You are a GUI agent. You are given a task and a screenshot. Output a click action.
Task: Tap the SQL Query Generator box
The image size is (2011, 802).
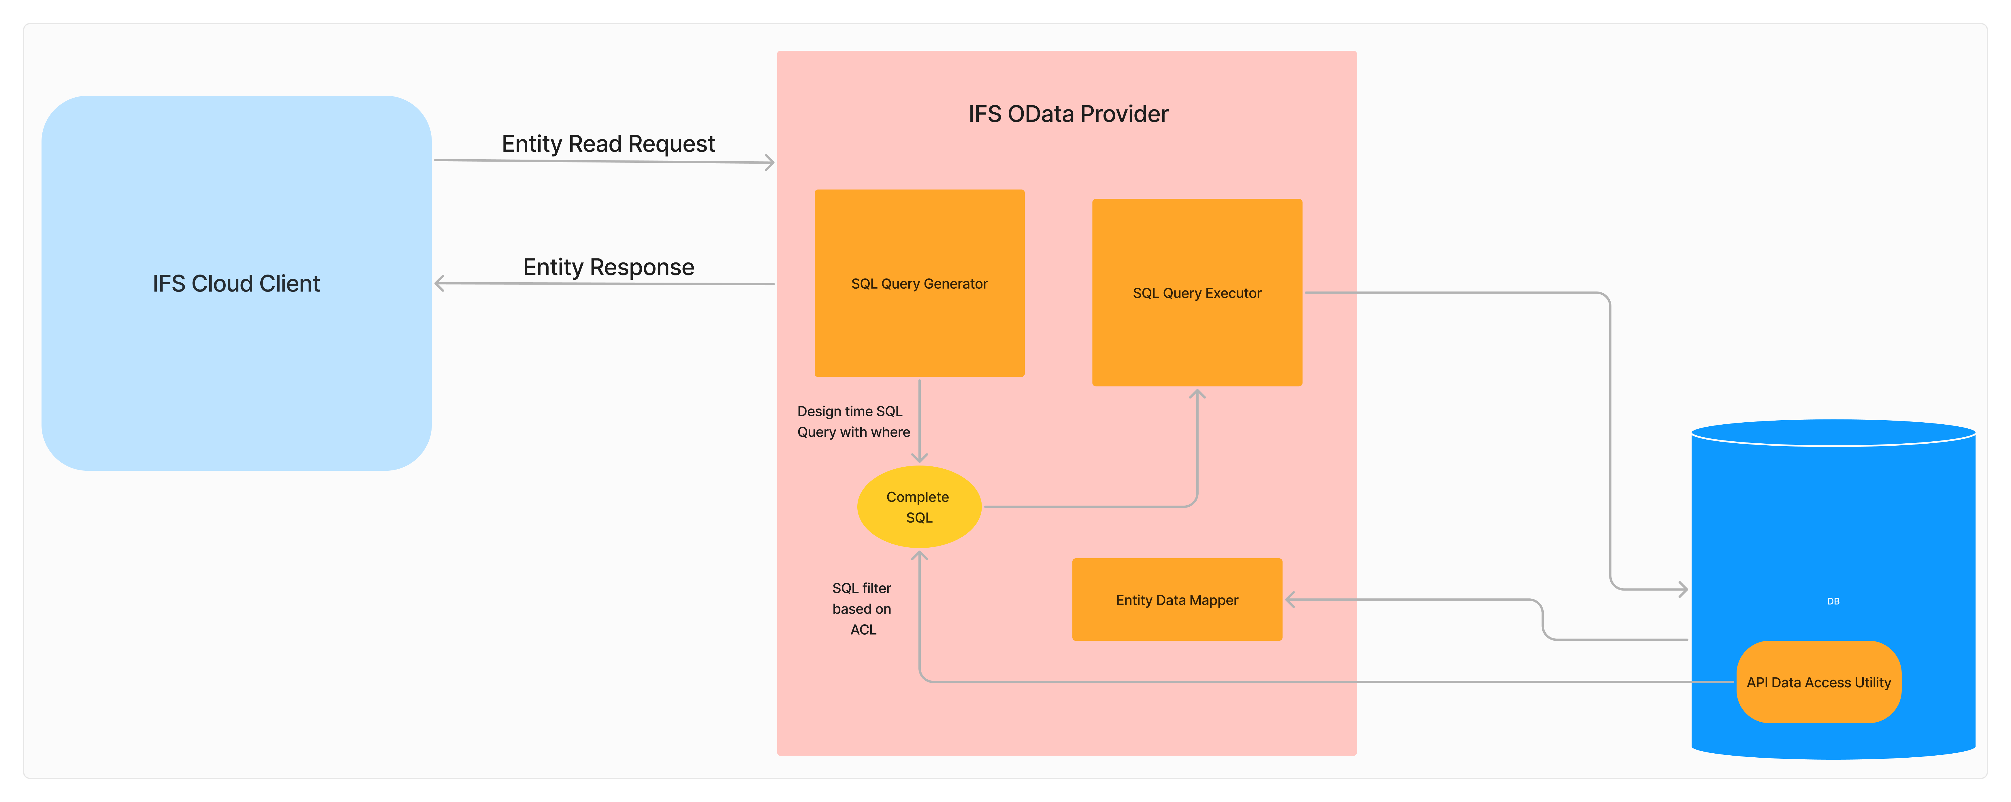tap(919, 283)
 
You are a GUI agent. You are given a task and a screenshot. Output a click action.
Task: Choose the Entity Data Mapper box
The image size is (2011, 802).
tap(1176, 600)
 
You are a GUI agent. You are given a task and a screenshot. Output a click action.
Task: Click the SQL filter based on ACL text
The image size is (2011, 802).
tap(862, 608)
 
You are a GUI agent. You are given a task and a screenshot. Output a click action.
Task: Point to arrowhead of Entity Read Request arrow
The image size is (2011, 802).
tap(770, 162)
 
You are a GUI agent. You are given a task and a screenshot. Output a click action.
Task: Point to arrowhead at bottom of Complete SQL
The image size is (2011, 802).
tap(920, 555)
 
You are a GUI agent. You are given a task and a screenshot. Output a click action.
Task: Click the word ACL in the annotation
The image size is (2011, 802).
tap(863, 629)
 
